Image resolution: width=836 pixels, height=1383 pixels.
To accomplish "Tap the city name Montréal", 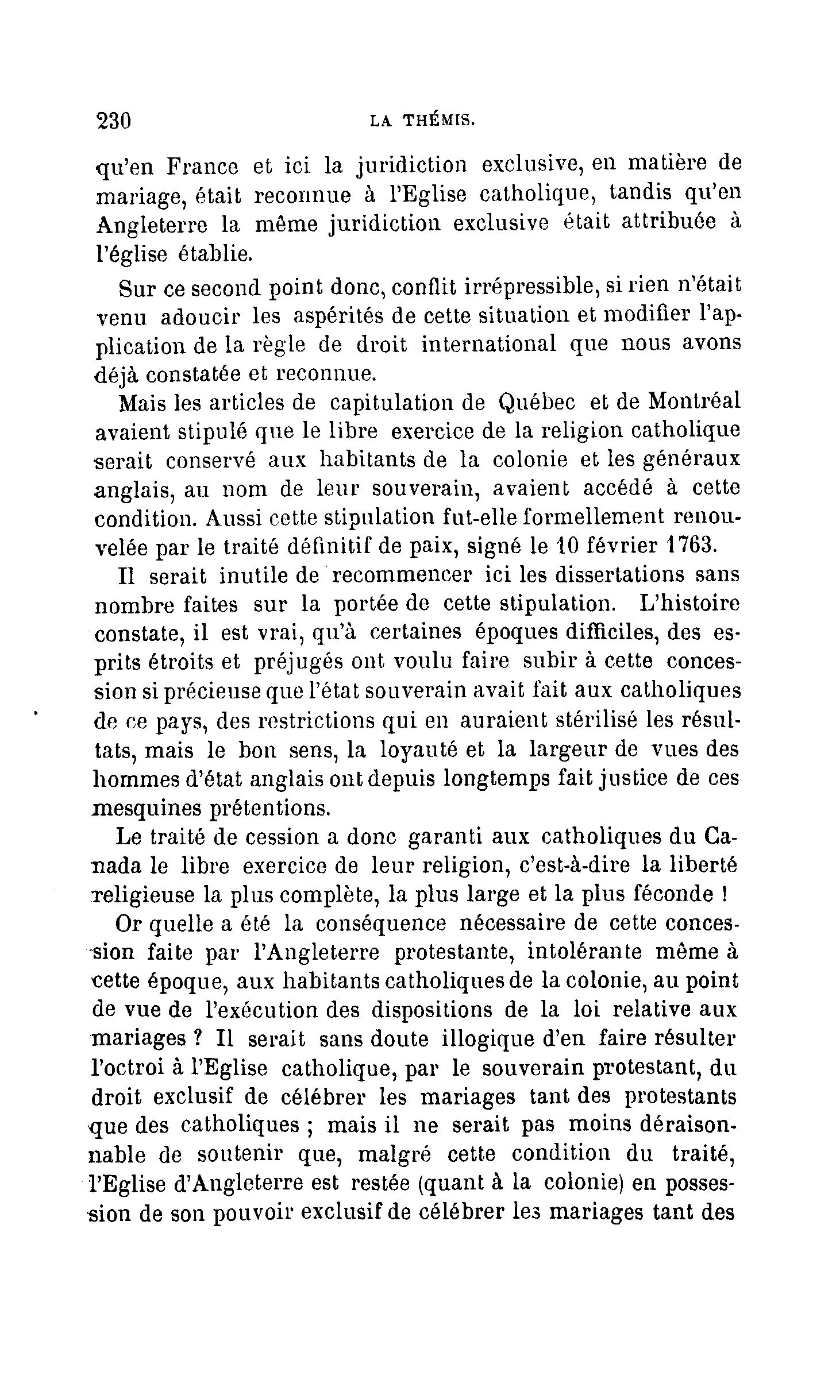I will click(x=694, y=401).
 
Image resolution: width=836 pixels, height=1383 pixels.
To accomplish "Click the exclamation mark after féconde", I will click(x=725, y=894).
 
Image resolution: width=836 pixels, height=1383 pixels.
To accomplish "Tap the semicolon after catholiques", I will click(x=309, y=1126).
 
